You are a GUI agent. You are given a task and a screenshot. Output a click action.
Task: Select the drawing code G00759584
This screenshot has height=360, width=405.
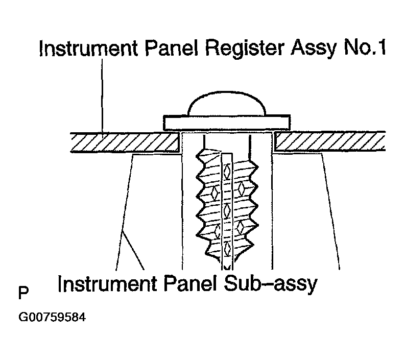(52, 318)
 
